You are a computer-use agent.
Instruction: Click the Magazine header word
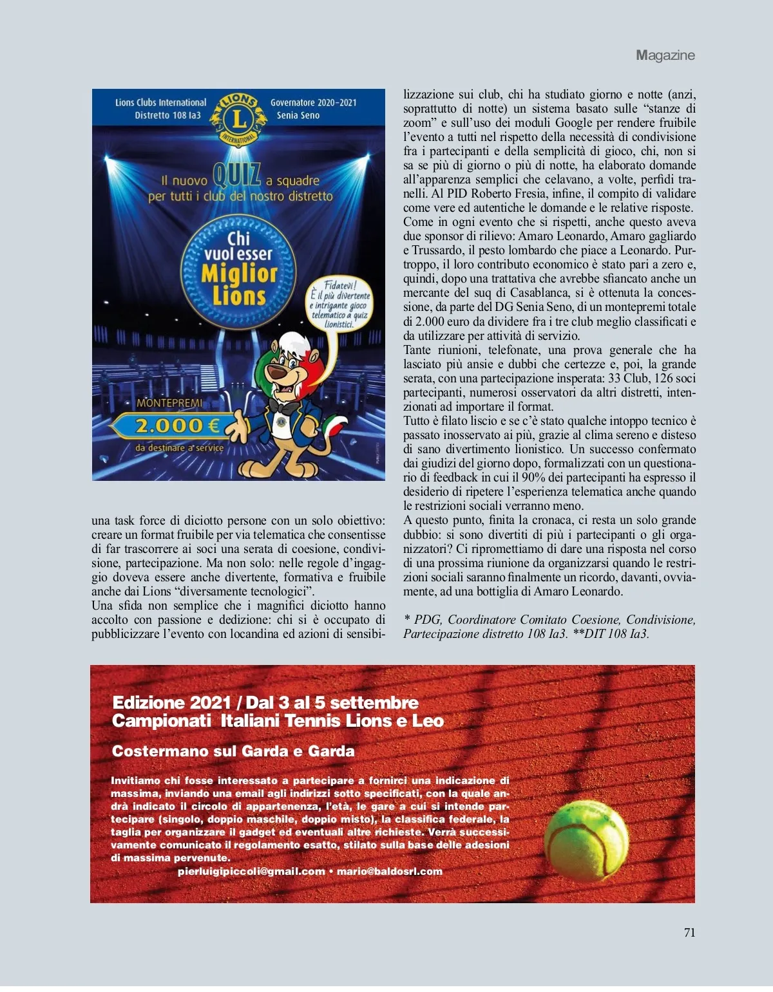tap(665, 55)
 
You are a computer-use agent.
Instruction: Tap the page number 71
tap(689, 932)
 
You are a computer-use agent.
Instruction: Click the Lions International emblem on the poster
tap(238, 117)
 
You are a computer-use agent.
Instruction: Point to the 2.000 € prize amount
tap(177, 426)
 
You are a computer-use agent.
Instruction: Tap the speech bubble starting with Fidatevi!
tap(339, 304)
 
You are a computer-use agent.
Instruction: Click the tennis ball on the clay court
tap(586, 841)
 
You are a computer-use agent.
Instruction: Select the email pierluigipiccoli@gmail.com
tap(251, 872)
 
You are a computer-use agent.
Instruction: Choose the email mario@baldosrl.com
tap(389, 872)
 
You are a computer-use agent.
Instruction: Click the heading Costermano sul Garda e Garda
tap(233, 751)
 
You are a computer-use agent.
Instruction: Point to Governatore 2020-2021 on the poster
tap(313, 102)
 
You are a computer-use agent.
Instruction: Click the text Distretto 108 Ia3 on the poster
tap(167, 115)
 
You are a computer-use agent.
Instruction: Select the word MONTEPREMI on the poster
tap(169, 403)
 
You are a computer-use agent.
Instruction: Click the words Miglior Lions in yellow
tap(239, 285)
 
